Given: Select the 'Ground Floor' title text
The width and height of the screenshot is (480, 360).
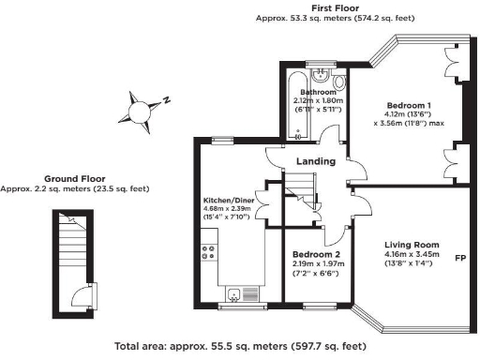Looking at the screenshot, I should (74, 178).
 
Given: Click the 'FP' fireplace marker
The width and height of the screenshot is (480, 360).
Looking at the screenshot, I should (460, 258).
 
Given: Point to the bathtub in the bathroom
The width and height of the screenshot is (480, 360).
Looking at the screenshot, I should (299, 103).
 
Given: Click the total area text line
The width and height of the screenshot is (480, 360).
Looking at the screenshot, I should (239, 345).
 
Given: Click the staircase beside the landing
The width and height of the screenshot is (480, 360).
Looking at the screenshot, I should (299, 196).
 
